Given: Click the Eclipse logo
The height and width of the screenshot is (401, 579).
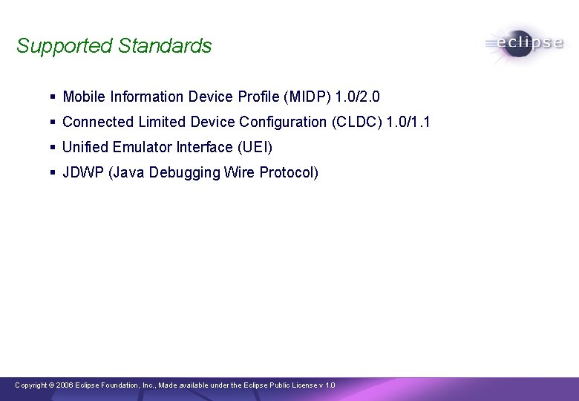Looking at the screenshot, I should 524,43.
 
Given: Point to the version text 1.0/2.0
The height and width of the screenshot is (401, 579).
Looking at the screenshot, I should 358,97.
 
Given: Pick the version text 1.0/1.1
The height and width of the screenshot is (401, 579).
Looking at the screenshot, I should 408,122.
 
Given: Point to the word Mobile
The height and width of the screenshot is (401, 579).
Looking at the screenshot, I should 84,97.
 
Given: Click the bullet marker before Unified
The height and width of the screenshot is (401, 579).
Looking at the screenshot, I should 53,147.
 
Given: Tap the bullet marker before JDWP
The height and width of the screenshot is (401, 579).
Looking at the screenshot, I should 53,172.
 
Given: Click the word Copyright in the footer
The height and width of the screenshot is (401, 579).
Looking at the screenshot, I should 30,385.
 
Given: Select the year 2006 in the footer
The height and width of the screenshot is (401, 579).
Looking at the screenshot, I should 64,385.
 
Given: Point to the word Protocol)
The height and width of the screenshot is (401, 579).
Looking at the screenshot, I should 289,172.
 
